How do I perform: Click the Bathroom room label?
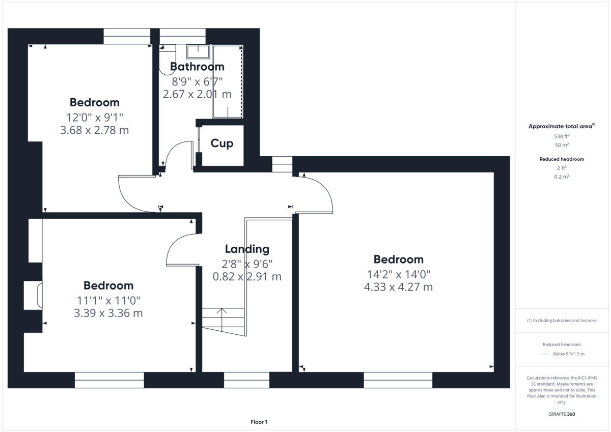197,67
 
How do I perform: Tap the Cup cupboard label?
222,143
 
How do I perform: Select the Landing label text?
247,249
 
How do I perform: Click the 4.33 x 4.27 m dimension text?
398,287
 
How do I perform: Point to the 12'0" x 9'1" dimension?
94,117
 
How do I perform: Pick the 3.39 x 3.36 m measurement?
108,313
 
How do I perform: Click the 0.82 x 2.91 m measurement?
247,277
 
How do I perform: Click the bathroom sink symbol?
198,51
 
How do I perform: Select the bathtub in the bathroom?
227,81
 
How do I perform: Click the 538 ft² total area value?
562,136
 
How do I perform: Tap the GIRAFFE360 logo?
562,414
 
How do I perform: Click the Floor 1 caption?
259,422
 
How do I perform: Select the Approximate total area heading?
561,126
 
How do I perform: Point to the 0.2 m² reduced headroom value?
562,177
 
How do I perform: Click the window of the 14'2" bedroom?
398,380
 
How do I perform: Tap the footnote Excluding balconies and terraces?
562,321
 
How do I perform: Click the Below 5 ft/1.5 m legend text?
568,354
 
